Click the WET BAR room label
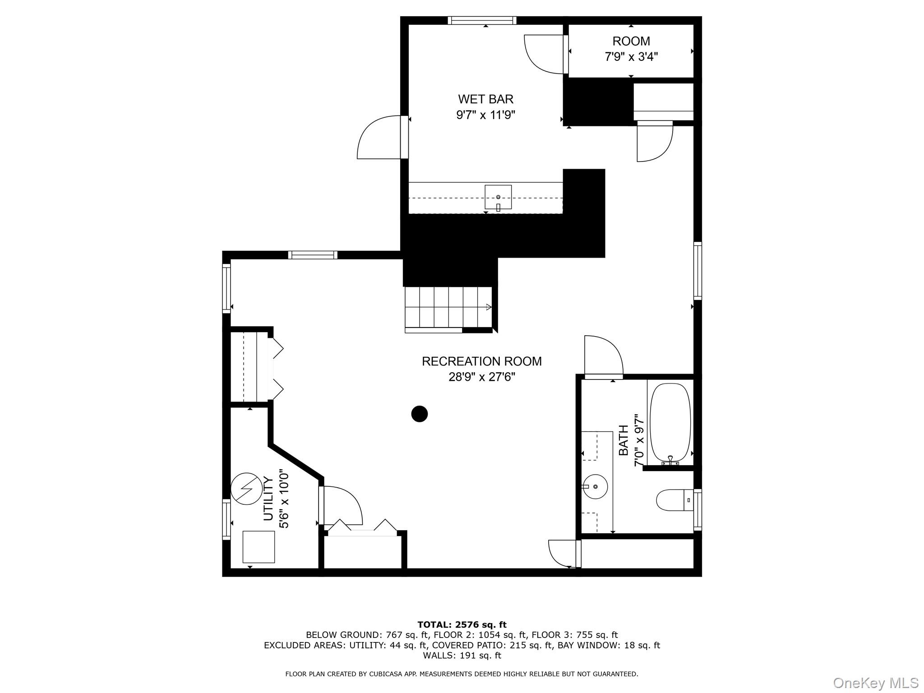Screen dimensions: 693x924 click(x=485, y=99)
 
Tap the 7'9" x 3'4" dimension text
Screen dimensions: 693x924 click(x=631, y=57)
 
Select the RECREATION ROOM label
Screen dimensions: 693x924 click(x=481, y=361)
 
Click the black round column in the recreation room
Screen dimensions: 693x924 click(x=420, y=414)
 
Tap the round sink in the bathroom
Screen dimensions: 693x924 click(x=595, y=486)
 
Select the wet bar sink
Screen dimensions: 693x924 click(x=498, y=197)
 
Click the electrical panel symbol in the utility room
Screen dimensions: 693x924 click(x=246, y=489)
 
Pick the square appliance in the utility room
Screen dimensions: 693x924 click(x=259, y=546)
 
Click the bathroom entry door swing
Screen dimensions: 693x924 click(x=603, y=356)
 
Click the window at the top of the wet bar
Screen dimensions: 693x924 click(x=482, y=20)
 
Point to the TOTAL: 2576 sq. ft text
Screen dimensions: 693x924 click(x=462, y=624)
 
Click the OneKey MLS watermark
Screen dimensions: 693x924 click(x=875, y=683)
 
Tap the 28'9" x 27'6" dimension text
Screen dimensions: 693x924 click(x=481, y=377)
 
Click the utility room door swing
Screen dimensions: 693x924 click(x=342, y=505)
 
